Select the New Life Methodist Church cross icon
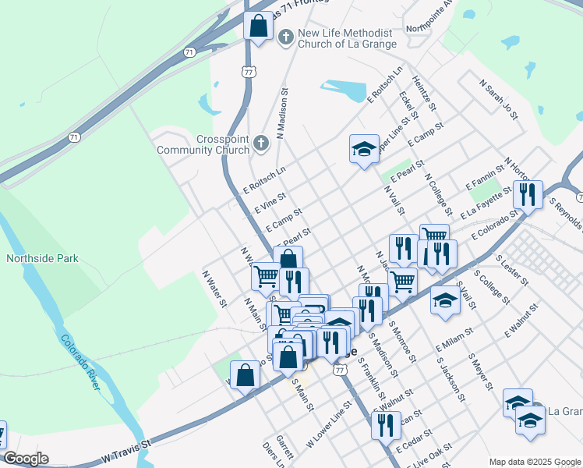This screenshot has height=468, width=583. [286, 36]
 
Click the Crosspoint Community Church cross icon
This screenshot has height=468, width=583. [261, 143]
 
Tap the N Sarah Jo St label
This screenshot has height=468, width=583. [499, 99]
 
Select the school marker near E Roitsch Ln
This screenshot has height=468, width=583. [364, 150]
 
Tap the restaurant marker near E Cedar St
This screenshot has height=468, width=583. [385, 426]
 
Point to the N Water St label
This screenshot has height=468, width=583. [214, 288]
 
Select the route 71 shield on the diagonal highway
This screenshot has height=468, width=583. [189, 52]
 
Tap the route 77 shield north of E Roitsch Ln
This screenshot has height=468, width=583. [248, 72]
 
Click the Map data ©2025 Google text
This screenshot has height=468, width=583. [534, 461]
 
